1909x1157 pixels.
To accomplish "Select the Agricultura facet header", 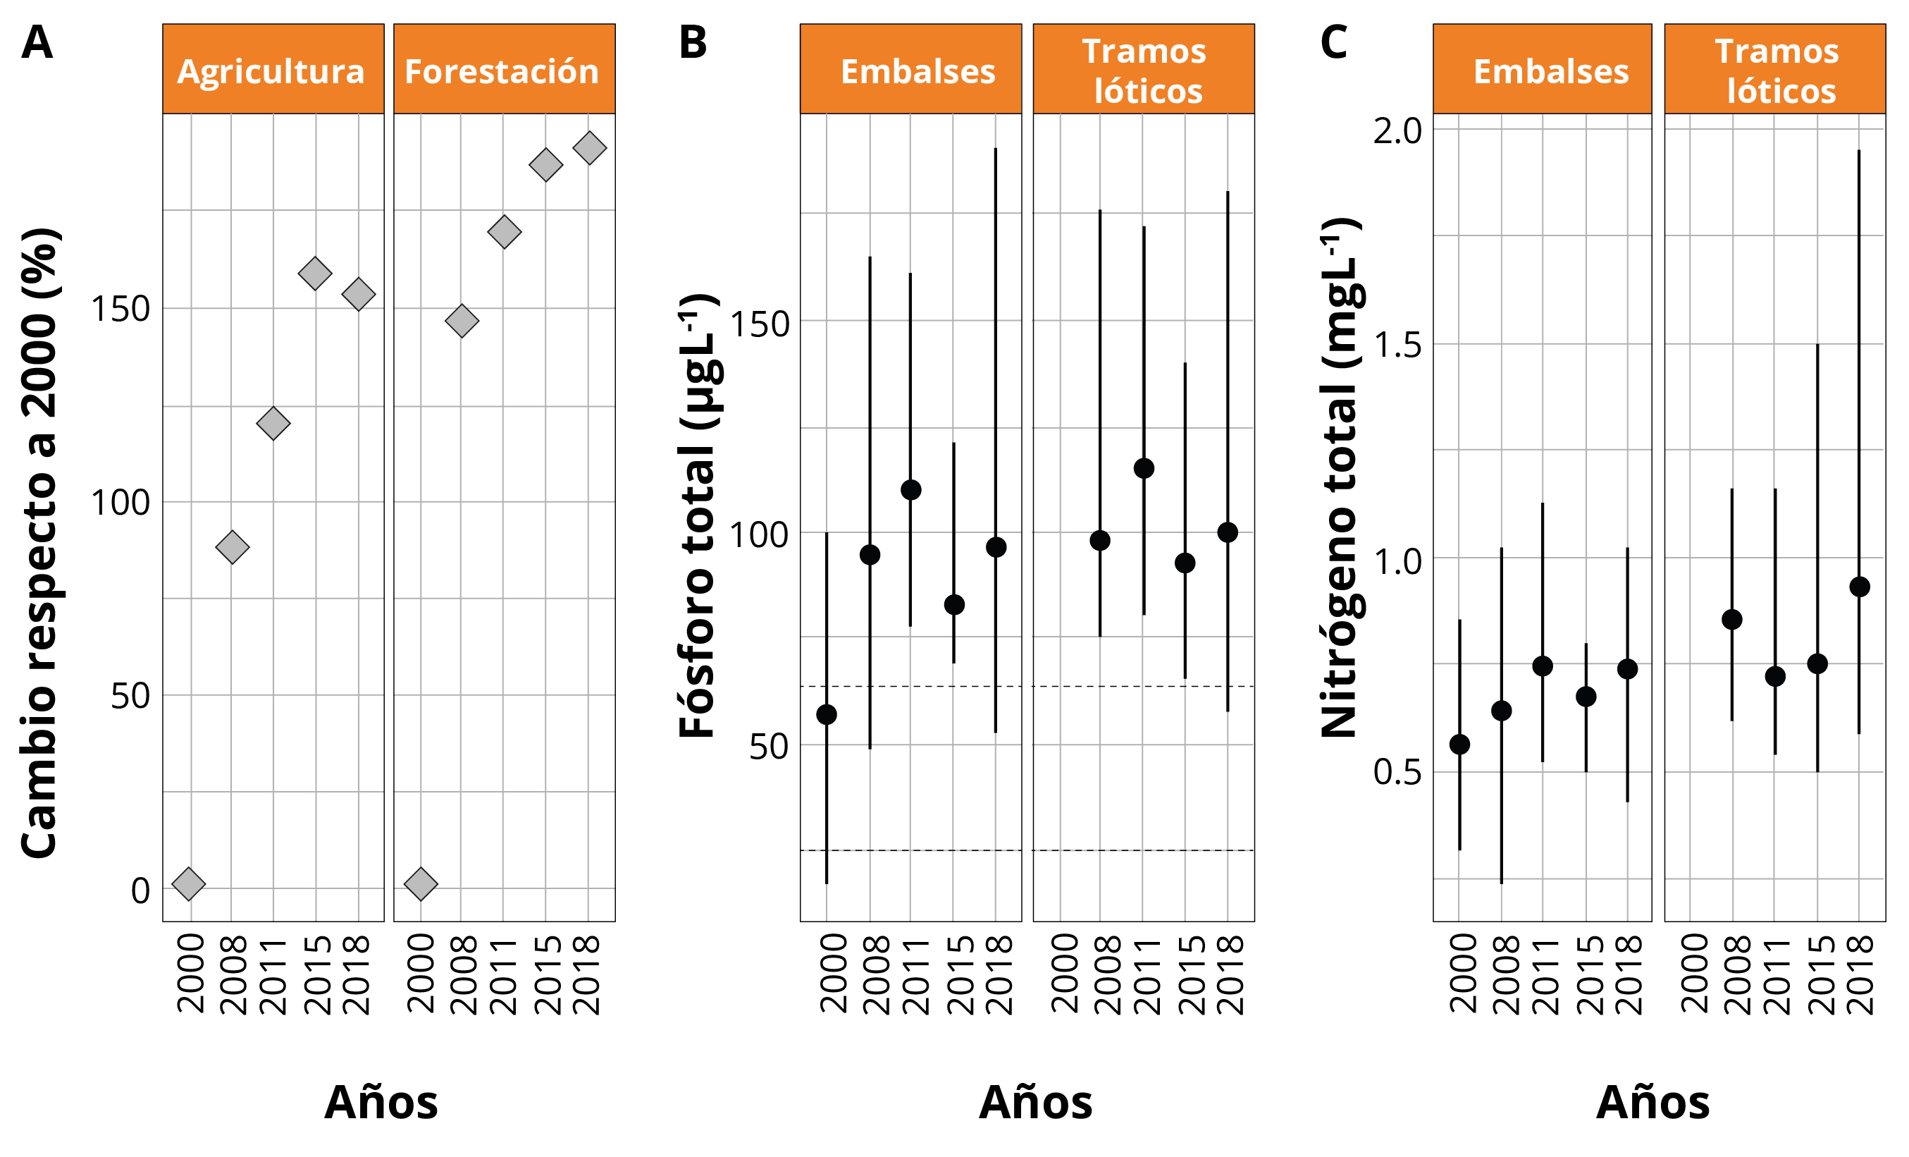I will [x=272, y=71].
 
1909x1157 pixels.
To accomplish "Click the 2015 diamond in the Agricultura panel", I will [x=314, y=274].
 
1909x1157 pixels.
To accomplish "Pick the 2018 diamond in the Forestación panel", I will [x=590, y=148].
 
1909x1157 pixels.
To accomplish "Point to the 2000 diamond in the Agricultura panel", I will [x=189, y=883].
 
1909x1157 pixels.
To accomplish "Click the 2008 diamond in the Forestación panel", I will [x=462, y=321].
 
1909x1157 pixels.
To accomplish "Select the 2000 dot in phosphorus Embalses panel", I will [x=827, y=714].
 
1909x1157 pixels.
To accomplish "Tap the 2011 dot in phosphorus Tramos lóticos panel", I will [x=1144, y=468].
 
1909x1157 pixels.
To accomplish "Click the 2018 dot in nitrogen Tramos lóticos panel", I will [x=1860, y=587].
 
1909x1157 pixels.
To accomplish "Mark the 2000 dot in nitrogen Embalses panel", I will [x=1459, y=744].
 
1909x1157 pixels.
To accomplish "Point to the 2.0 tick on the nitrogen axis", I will [x=1397, y=131].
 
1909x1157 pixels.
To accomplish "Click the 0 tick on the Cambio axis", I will [x=140, y=890].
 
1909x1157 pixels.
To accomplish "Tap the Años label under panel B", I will [x=1035, y=1103].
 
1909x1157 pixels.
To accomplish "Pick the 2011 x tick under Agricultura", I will [x=273, y=976].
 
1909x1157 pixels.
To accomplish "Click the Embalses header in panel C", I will [x=1551, y=71].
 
